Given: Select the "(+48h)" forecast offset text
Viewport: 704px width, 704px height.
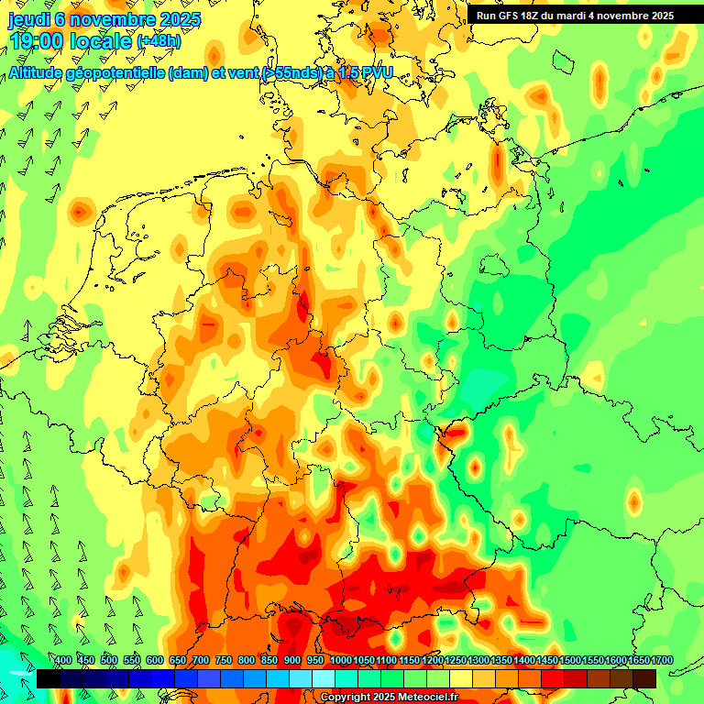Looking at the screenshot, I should click(159, 41).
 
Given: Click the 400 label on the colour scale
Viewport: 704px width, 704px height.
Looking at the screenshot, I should click(63, 661).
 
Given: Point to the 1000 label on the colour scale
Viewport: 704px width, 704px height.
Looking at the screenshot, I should click(340, 661).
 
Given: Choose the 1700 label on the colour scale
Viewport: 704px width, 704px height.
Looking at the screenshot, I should click(662, 661).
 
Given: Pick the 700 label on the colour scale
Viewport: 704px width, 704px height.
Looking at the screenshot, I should click(201, 661).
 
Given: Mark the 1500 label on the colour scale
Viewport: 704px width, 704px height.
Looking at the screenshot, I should click(570, 661).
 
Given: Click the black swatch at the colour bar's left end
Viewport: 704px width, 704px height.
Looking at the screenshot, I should click(49, 678).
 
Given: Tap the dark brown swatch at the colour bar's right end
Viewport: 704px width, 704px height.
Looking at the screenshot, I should click(644, 678).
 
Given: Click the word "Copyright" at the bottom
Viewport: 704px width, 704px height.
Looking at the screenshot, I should click(346, 698).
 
